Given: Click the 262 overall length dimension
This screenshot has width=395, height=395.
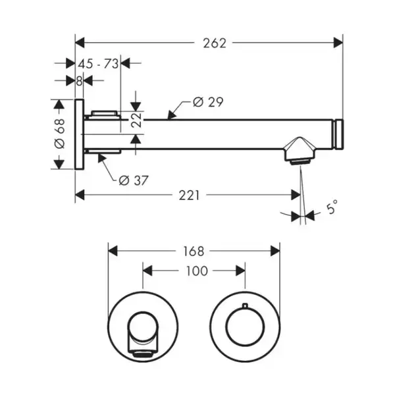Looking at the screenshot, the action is [215, 43].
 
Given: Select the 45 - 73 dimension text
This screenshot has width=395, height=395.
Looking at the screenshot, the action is [98, 64].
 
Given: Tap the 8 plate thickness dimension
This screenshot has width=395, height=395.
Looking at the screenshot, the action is [79, 81].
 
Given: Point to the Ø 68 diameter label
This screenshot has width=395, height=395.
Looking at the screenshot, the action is [60, 134].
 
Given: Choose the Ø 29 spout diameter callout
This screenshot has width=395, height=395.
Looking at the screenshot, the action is [208, 102].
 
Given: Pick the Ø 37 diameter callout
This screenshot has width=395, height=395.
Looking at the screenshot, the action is [134, 180].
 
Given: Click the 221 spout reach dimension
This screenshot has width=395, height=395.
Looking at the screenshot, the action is [189, 196].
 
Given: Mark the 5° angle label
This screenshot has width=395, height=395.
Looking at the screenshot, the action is [332, 207].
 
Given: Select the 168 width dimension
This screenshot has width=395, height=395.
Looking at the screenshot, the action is [194, 251].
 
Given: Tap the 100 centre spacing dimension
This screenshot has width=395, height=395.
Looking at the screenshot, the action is [197, 271].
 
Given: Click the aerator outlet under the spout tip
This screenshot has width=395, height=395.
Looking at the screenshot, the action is [300, 161].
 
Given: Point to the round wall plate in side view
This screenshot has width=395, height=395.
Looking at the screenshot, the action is [80, 134].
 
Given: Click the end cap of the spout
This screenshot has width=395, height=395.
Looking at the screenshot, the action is [338, 134].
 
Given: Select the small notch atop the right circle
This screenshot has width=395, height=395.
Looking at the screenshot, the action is [245, 305].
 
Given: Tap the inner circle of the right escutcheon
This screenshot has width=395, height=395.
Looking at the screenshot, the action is [245, 327].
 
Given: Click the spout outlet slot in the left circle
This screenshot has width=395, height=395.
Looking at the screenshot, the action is [143, 355].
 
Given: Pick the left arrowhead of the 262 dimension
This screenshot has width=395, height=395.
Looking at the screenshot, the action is [80, 43].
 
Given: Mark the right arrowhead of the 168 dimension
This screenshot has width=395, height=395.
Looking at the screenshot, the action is [275, 251].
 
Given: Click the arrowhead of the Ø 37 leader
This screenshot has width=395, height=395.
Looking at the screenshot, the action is [101, 158].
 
